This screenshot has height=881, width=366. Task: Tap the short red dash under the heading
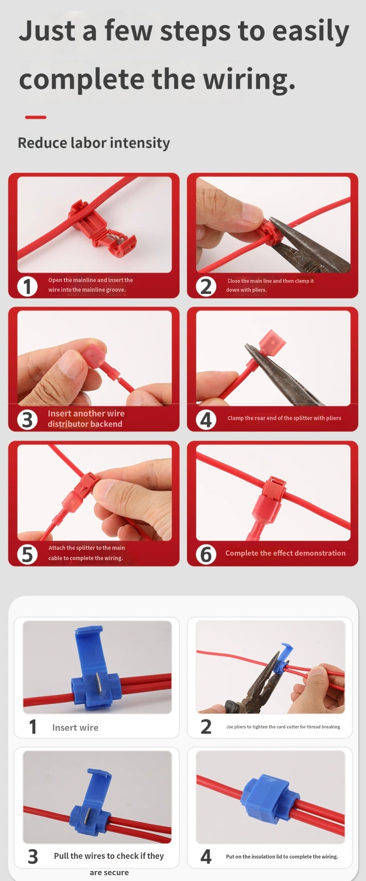pos(35,117)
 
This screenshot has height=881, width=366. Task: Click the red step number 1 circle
pos(28,286)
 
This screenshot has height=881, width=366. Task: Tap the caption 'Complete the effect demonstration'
pos(285,553)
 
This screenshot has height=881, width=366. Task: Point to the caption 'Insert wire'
pos(75,728)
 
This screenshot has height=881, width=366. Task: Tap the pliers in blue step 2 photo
pos(255,683)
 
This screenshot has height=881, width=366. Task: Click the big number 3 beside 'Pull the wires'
pos(33,857)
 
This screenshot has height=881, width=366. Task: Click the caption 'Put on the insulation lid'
pos(282,857)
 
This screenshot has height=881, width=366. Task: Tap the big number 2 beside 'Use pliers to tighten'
pos(206,726)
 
